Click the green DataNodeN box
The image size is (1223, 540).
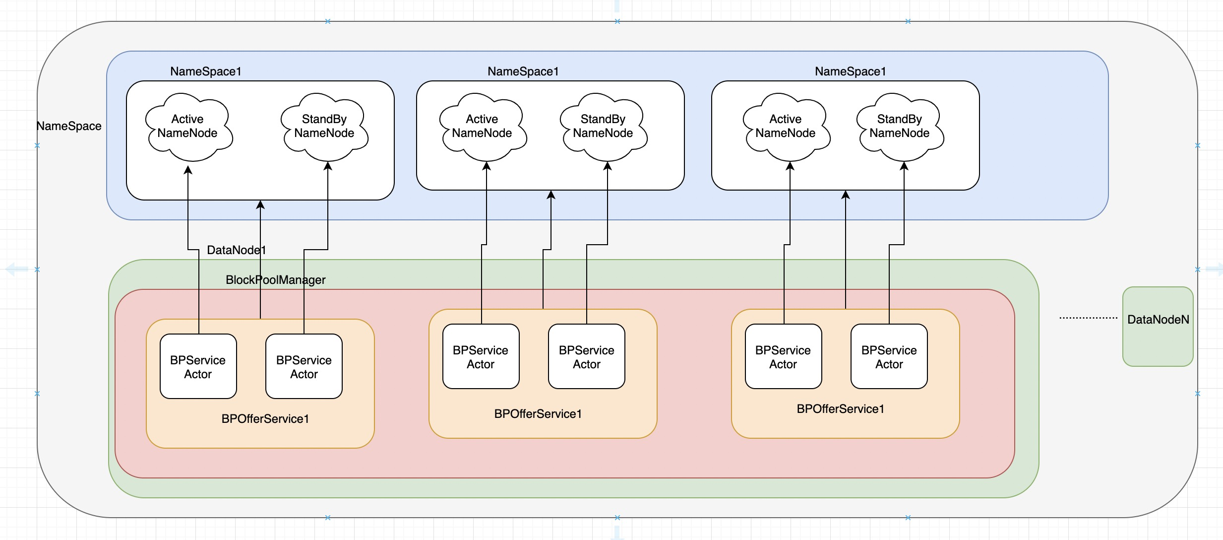click(1158, 327)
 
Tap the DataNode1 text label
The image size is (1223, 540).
click(237, 250)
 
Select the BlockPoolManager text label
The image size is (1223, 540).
click(276, 280)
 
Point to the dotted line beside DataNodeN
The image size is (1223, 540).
click(1088, 318)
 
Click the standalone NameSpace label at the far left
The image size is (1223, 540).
click(69, 126)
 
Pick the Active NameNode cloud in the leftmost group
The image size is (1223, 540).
click(189, 127)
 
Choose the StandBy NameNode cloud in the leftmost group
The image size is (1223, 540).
click(325, 127)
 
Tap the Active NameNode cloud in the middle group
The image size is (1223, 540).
click(483, 127)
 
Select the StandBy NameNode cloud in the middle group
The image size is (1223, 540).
click(604, 127)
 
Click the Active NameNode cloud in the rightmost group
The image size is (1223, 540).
click(787, 127)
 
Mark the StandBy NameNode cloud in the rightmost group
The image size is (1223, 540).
click(900, 127)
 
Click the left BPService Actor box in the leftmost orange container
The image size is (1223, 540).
click(198, 366)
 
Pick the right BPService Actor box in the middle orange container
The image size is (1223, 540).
click(587, 356)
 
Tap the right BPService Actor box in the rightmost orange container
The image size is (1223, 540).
click(889, 356)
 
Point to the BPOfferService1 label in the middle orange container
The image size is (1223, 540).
click(538, 414)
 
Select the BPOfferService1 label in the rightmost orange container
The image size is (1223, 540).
click(841, 409)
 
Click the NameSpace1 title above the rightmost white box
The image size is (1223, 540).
click(851, 71)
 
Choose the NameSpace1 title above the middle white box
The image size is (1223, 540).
click(523, 71)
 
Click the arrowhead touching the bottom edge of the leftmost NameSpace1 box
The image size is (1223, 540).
click(260, 204)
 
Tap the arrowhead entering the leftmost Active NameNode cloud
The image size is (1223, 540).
click(188, 170)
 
